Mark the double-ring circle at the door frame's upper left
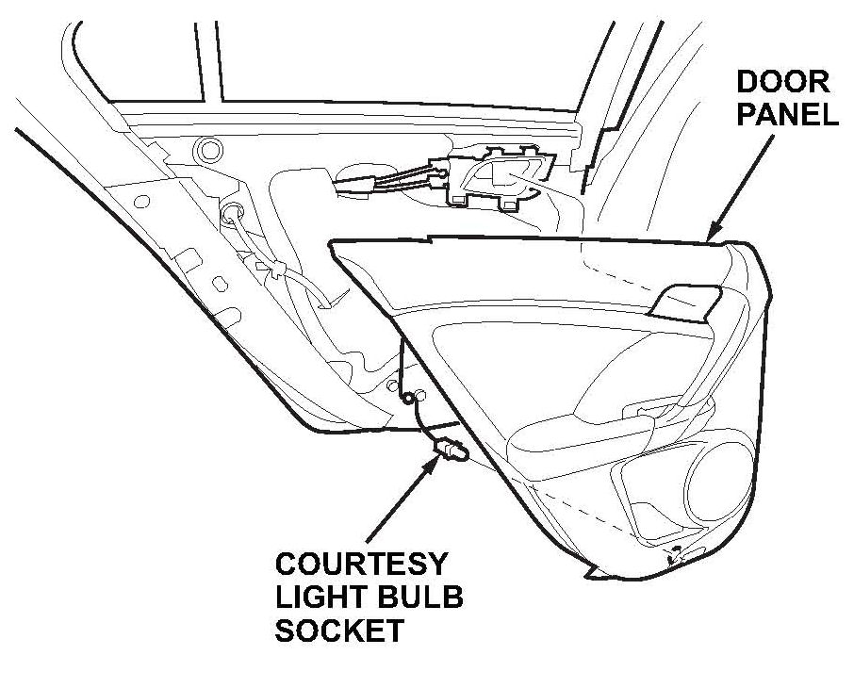click(x=207, y=149)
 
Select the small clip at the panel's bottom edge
click(x=676, y=555)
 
